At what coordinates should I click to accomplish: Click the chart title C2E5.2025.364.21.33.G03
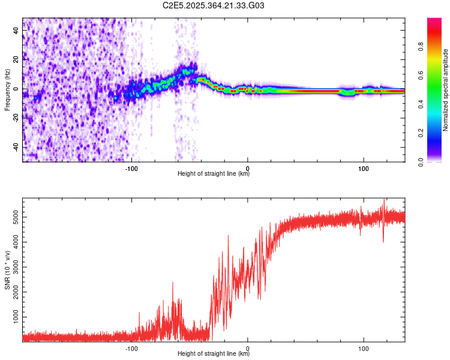pyautogui.click(x=214, y=5)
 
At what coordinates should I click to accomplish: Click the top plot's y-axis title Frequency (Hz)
pyautogui.click(x=7, y=89)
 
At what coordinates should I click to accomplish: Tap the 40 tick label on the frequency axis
pyautogui.click(x=16, y=31)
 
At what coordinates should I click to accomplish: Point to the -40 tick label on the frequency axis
pyautogui.click(x=15, y=147)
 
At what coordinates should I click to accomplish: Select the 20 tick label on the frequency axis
pyautogui.click(x=16, y=60)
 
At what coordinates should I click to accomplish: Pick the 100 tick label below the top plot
pyautogui.click(x=364, y=168)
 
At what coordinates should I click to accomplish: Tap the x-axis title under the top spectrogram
pyautogui.click(x=214, y=174)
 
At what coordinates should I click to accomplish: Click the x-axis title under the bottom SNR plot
pyautogui.click(x=214, y=354)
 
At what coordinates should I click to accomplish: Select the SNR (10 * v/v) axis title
pyautogui.click(x=7, y=269)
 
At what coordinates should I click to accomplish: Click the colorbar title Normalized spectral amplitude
pyautogui.click(x=446, y=89)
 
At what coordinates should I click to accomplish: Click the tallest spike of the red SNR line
pyautogui.click(x=383, y=200)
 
